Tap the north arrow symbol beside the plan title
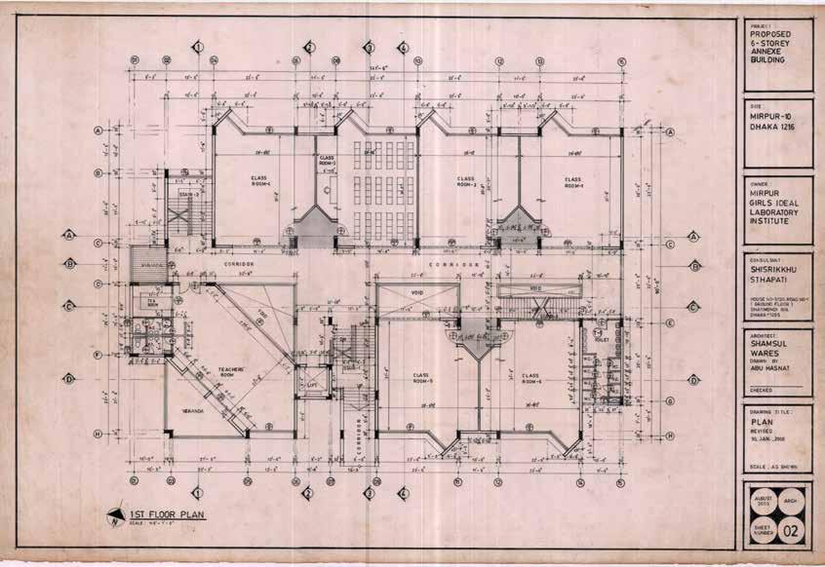click(115, 516)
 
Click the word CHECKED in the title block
click(761, 388)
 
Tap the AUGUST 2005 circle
click(764, 500)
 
